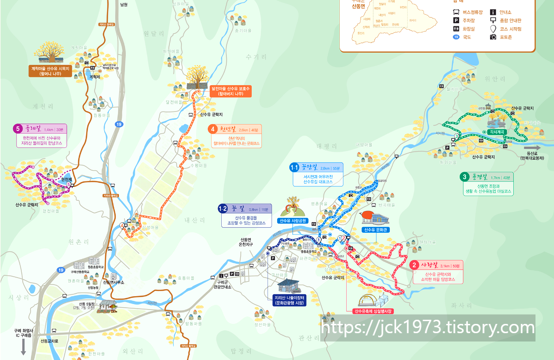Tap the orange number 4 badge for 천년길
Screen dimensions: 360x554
click(213, 129)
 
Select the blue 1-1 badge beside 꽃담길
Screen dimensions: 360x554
click(294, 167)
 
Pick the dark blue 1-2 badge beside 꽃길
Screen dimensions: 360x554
click(223, 209)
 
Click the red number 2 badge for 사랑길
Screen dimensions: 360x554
click(415, 265)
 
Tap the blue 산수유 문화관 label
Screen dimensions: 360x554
click(375, 230)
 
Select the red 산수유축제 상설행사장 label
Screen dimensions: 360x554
click(373, 311)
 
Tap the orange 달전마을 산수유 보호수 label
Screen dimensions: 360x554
click(230, 91)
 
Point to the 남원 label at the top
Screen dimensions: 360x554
click(123, 5)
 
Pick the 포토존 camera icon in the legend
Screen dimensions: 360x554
click(493, 37)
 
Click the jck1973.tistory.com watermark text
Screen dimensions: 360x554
click(428, 328)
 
